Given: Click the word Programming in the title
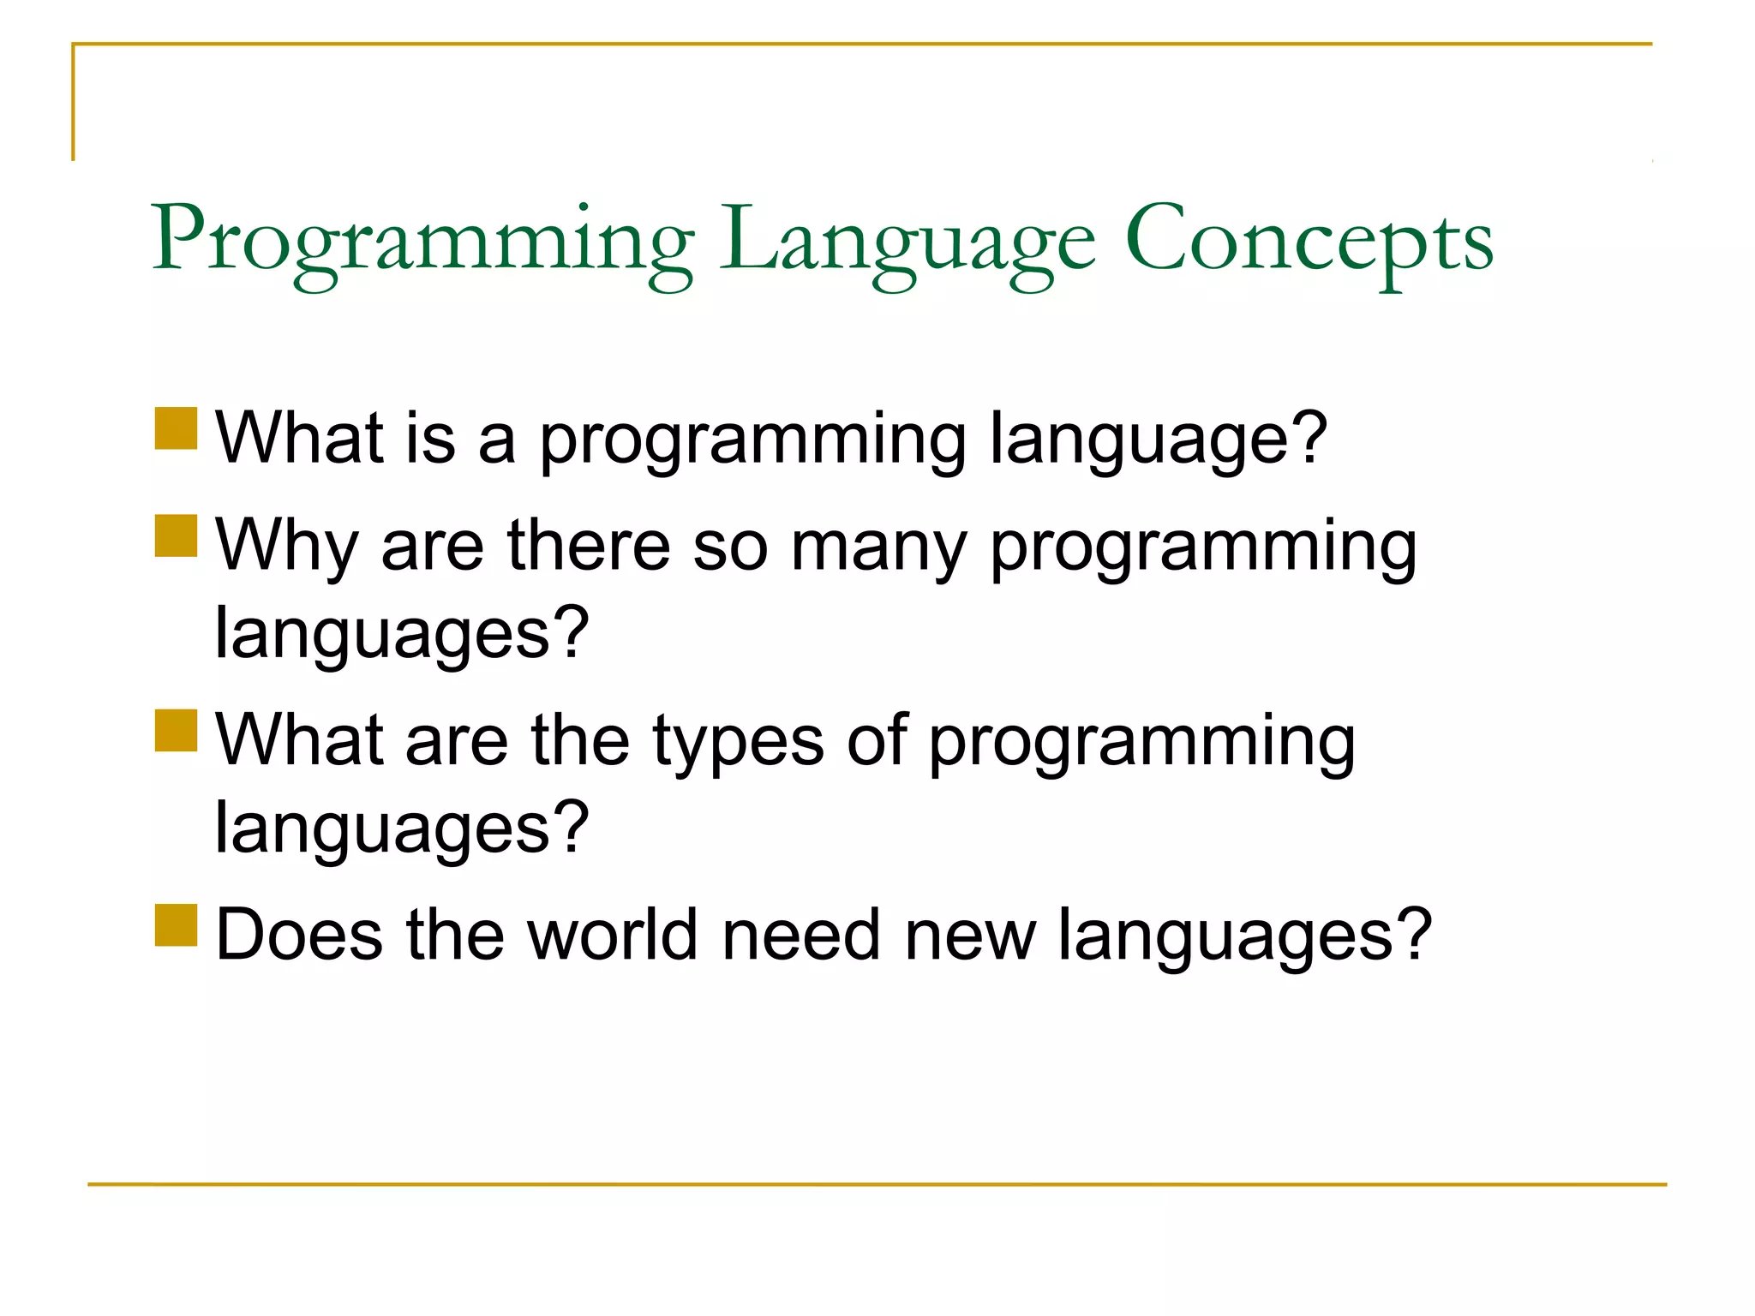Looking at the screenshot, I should point(422,240).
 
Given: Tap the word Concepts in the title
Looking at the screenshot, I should point(1309,240).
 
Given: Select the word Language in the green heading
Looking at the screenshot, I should point(907,240).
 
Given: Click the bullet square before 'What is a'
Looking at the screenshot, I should point(177,428).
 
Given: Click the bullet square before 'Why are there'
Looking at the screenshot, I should point(177,535).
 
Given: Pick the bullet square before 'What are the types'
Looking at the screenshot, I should point(177,730).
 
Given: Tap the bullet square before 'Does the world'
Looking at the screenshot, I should point(177,925).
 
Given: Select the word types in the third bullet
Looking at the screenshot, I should point(738,742).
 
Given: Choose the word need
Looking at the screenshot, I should point(801,935).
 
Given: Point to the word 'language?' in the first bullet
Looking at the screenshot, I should point(1159,440).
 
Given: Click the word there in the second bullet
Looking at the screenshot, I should point(589,547).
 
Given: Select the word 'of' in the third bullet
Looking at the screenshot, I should point(877,740).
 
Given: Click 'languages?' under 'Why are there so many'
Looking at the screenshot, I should point(402,634).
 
